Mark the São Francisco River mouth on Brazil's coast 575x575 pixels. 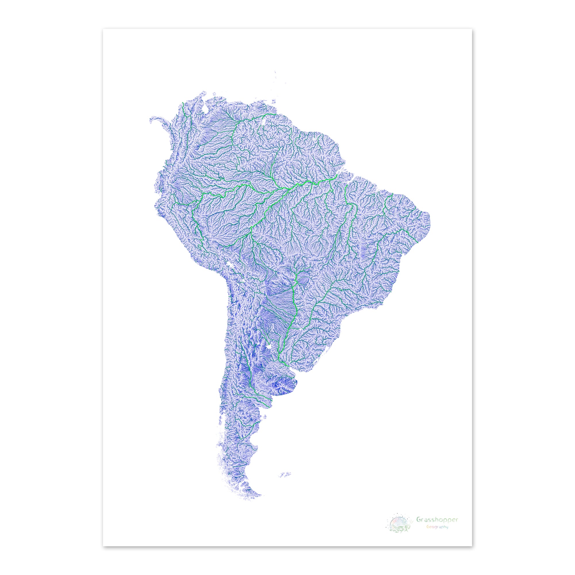tap(417, 243)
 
